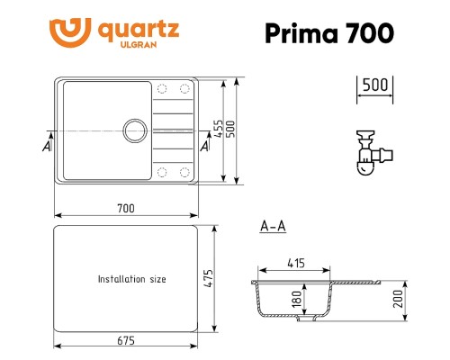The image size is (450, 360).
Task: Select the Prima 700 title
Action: (328, 33)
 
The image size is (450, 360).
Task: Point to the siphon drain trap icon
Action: (365, 152)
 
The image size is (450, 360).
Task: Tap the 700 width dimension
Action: (126, 209)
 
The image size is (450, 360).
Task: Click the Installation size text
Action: (132, 279)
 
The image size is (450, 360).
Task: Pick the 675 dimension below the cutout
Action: (126, 340)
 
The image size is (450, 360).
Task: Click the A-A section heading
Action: (272, 226)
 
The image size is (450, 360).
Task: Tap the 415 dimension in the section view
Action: (294, 264)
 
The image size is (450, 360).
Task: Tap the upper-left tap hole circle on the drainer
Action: (163, 88)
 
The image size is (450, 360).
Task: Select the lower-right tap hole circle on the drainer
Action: (184, 170)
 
